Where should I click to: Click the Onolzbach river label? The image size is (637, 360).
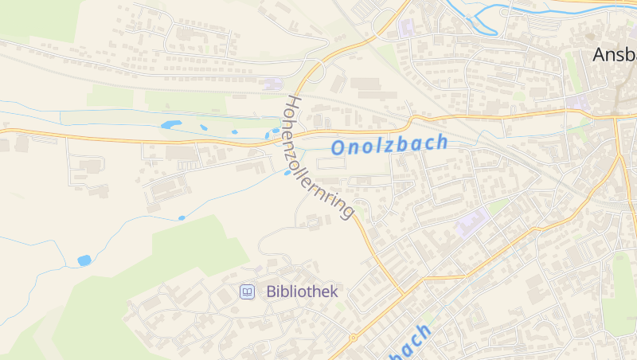[x=389, y=145]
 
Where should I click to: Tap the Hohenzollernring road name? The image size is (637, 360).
[x=318, y=158]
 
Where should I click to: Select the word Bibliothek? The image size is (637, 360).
[x=303, y=292]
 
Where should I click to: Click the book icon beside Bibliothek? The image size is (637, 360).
[x=248, y=292]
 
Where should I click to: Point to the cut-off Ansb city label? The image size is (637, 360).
[x=615, y=55]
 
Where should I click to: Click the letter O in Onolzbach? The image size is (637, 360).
[x=338, y=148]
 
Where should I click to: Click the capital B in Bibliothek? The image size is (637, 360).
[x=272, y=292]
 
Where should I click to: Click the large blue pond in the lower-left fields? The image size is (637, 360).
[x=84, y=260]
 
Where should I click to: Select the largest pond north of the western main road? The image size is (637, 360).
[x=170, y=125]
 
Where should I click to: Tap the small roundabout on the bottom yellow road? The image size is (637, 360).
[x=353, y=337]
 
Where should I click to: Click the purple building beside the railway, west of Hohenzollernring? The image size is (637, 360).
[x=274, y=84]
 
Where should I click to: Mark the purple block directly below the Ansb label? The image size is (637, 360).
[x=579, y=102]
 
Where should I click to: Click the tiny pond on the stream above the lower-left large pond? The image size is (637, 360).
[x=182, y=217]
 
